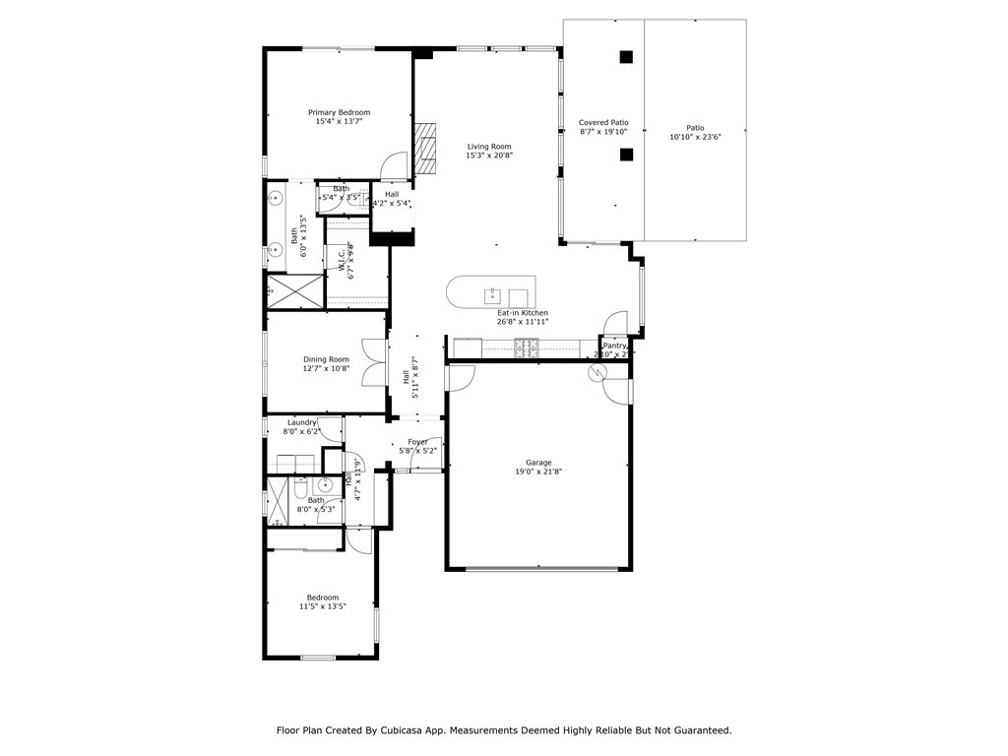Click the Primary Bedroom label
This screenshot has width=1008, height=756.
(339, 112)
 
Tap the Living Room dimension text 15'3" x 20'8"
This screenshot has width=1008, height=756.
(489, 156)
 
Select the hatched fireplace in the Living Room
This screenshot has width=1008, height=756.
(424, 148)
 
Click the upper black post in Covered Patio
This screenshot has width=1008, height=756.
(625, 57)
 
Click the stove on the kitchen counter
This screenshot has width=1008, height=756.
(527, 346)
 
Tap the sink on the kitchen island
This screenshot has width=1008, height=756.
(492, 295)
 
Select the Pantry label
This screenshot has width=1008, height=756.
(614, 346)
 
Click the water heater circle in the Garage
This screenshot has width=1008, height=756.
(597, 372)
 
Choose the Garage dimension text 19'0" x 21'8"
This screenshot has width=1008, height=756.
(538, 472)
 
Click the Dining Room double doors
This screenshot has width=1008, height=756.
(371, 362)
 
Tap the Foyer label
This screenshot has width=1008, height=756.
(417, 442)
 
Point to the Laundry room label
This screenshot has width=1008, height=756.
(301, 422)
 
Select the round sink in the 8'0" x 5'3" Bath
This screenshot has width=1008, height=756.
(325, 484)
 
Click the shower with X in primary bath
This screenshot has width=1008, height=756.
(294, 291)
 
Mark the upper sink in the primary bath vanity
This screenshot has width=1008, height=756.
(274, 198)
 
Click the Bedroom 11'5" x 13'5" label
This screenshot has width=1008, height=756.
(322, 598)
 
